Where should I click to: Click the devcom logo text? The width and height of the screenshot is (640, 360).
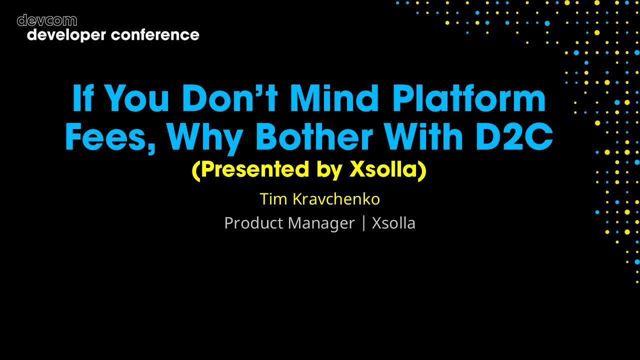click(x=46, y=20)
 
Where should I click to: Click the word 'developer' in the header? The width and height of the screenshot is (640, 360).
click(x=66, y=35)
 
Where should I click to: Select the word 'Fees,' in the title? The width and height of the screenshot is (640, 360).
click(x=110, y=137)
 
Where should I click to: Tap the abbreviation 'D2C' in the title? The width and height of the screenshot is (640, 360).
click(x=514, y=137)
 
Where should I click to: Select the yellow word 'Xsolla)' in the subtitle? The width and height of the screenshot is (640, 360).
click(x=387, y=170)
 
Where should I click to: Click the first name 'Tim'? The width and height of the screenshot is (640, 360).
click(x=273, y=199)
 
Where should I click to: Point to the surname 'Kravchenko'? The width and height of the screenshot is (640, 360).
click(x=336, y=199)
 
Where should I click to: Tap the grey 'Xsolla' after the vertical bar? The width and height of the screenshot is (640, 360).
click(x=393, y=223)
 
